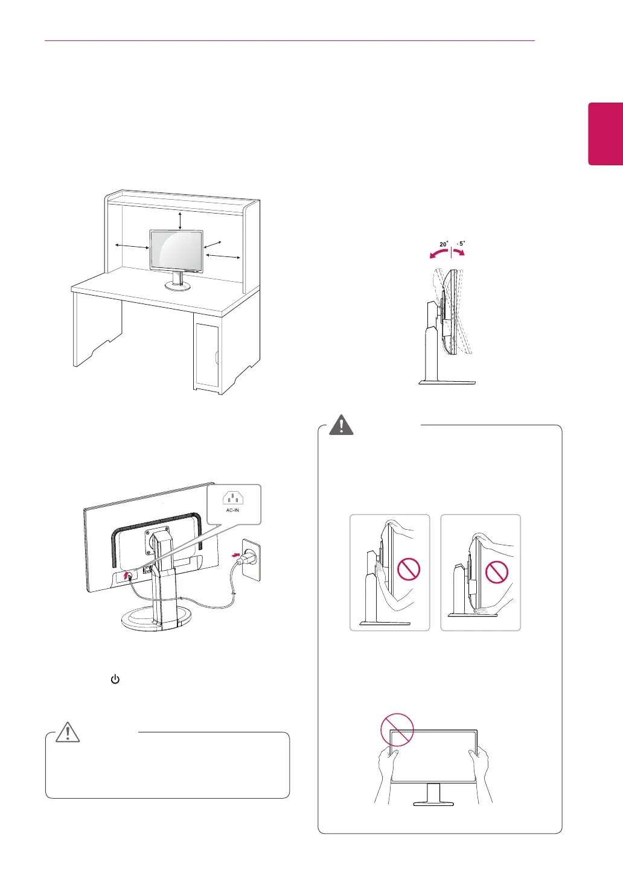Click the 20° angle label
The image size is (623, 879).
pos(444,244)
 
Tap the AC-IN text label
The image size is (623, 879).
pos(233,510)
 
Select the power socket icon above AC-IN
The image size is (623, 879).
pos(233,498)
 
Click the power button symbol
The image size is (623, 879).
pos(115,679)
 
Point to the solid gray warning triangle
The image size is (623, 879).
pos(341,425)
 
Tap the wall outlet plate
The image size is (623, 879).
pos(251,559)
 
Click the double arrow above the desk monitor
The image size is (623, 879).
pos(181,220)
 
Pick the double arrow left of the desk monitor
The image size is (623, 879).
pos(132,246)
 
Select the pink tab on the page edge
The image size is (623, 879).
pos(605,133)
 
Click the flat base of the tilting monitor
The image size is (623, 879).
pos(447,382)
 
